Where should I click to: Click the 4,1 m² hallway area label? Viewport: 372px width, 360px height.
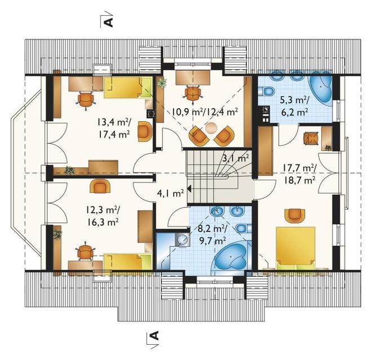point(170,193)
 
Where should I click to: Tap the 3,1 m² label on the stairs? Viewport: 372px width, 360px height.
point(236,158)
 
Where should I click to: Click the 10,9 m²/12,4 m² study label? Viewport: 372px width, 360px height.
point(205,112)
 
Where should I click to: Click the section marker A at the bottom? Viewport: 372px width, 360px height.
point(154,336)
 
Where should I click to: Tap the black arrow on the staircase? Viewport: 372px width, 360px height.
point(189,189)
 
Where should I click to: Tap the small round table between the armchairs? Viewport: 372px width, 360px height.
point(211,128)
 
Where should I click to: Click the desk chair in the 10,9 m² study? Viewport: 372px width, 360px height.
point(193,93)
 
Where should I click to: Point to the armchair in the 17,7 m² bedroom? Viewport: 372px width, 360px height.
point(294,215)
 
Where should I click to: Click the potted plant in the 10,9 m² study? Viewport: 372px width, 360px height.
point(162,83)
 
